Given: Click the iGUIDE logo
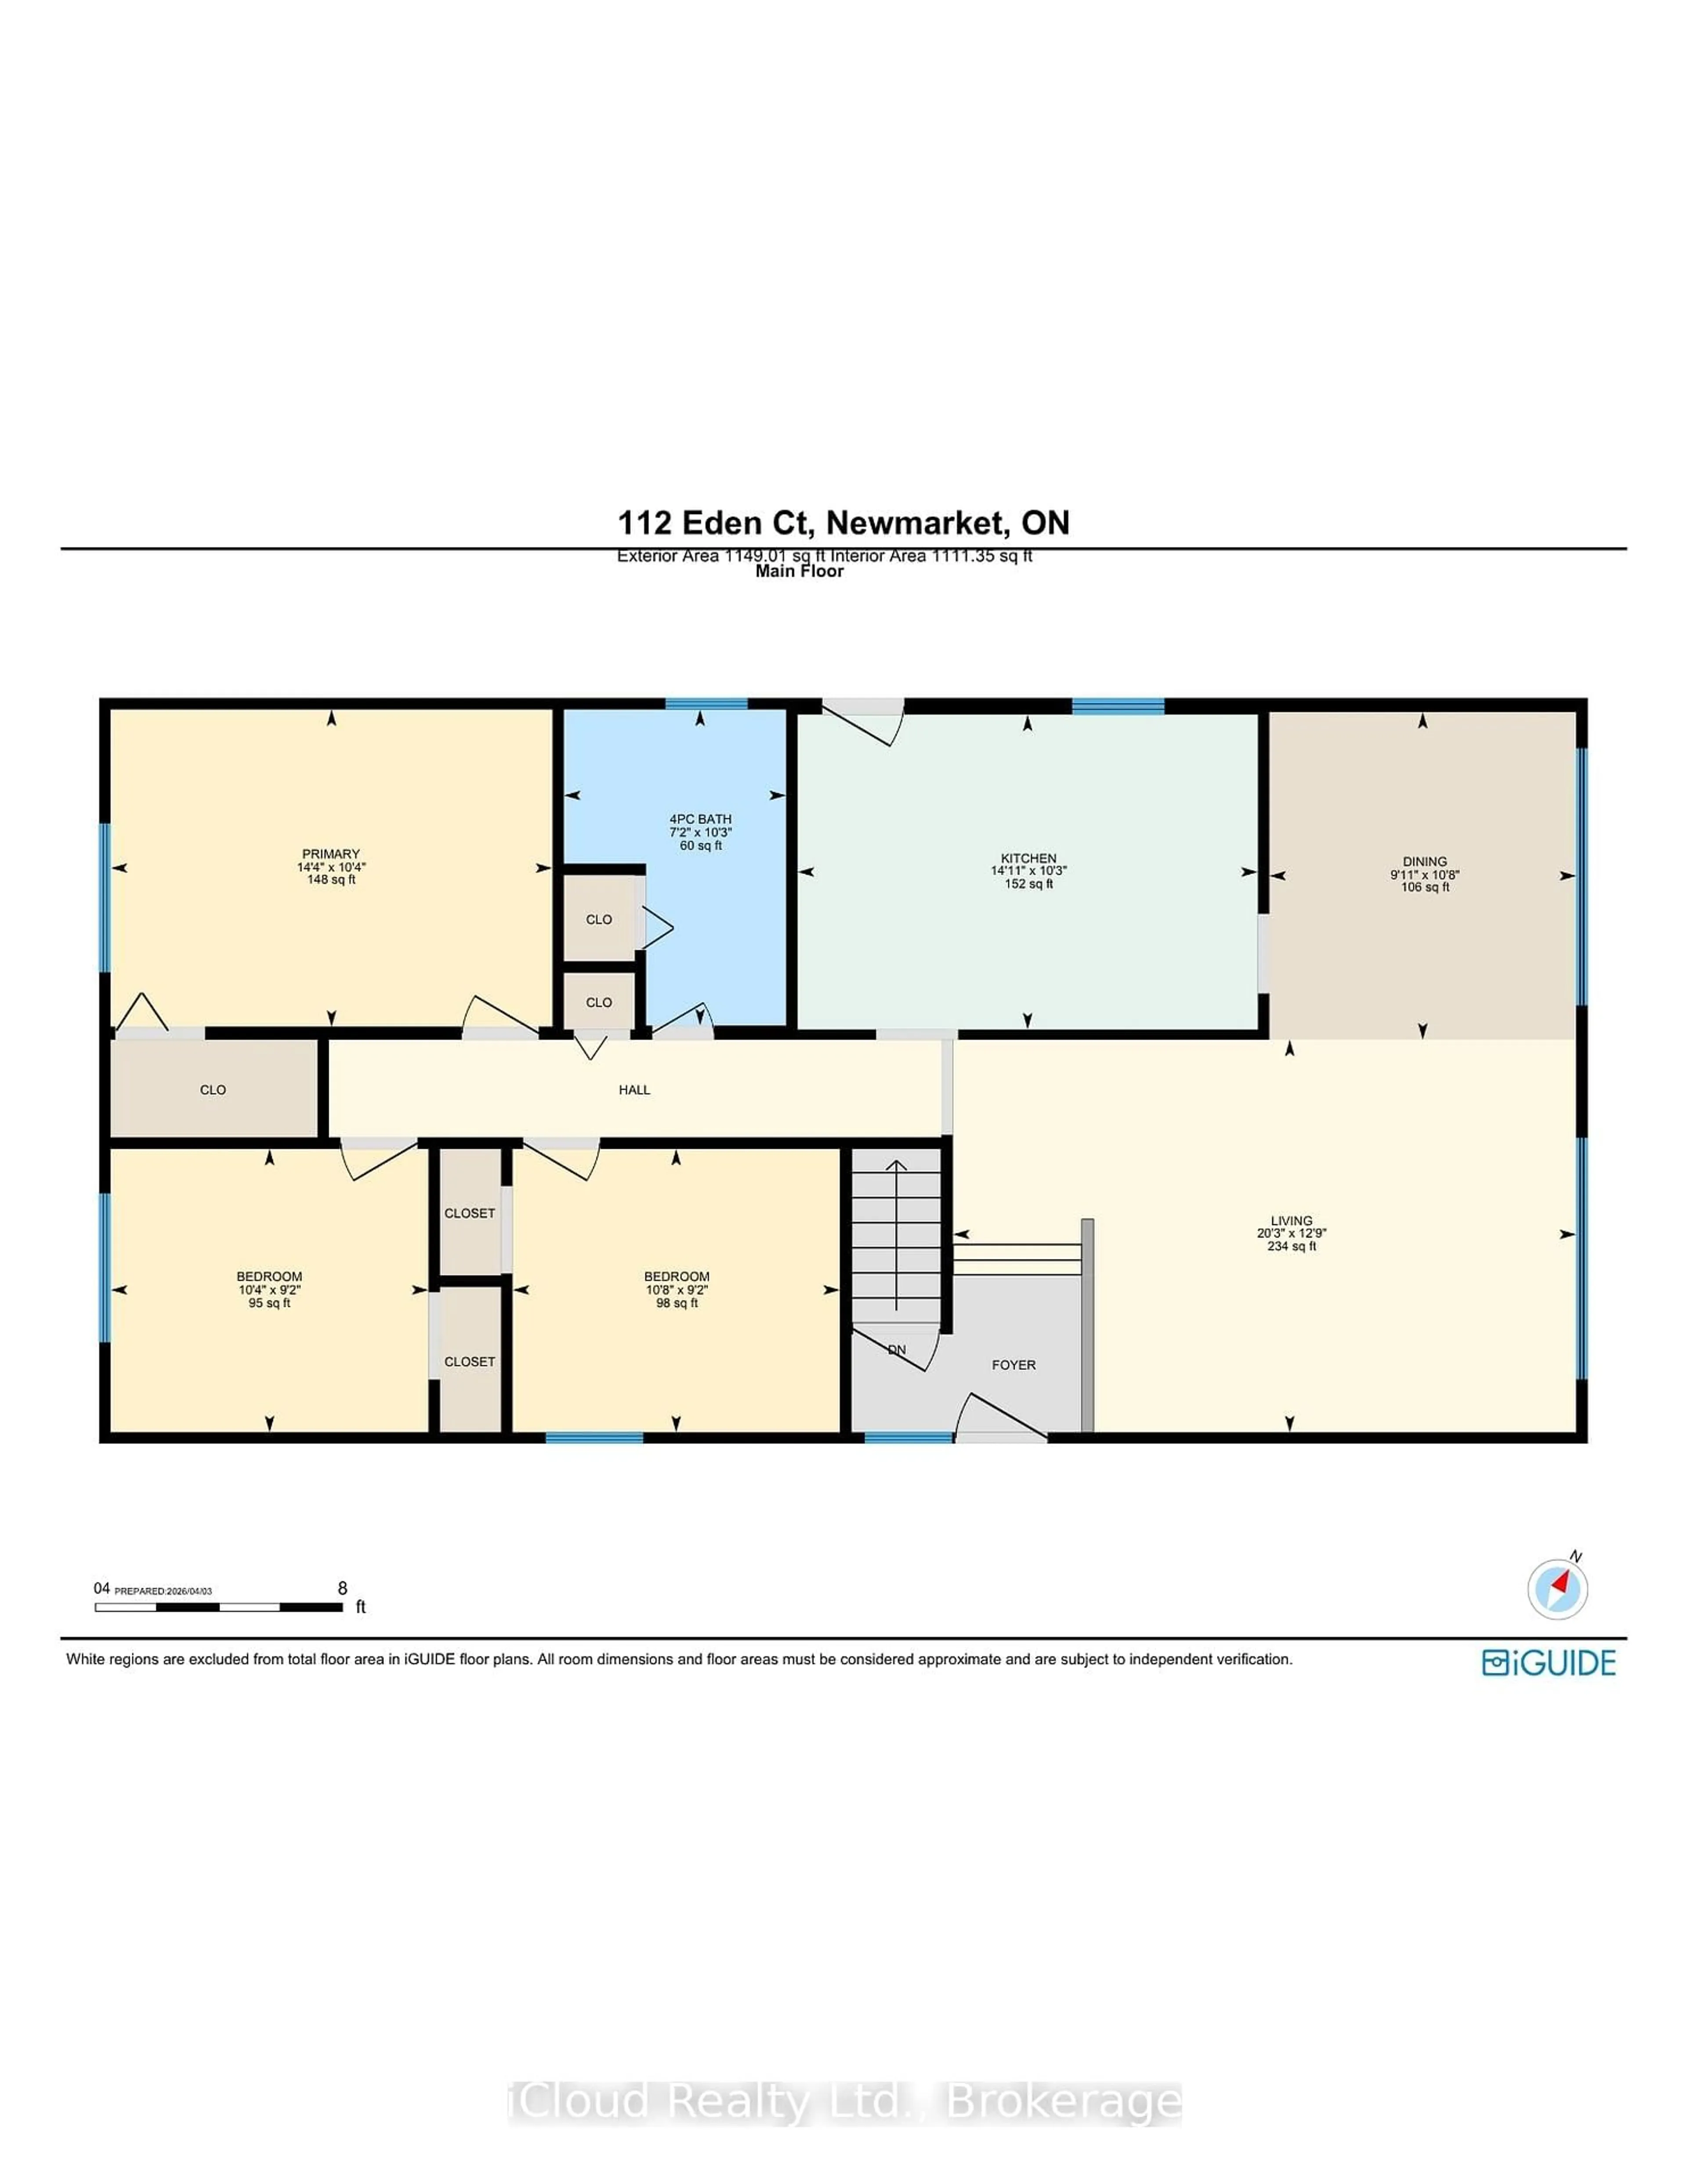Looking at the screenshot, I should (1548, 1663).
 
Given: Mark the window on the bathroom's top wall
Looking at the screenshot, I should (706, 704).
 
